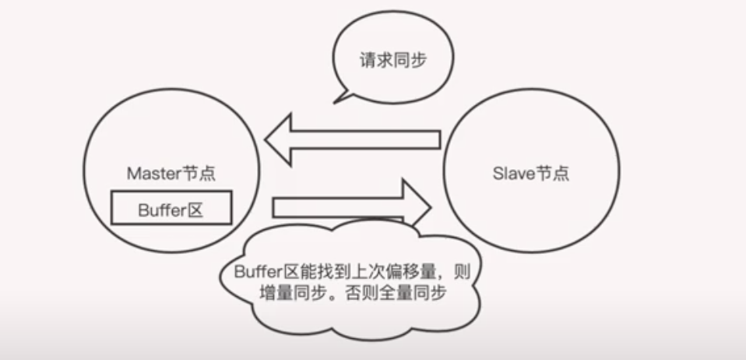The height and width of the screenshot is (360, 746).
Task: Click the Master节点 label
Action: pos(171,174)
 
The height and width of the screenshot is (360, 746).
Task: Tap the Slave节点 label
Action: pos(531,173)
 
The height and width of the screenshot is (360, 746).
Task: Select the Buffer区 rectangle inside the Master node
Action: pos(171,209)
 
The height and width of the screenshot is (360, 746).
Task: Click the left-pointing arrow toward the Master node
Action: pos(352,139)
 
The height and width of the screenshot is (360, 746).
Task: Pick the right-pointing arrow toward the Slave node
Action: pos(350,207)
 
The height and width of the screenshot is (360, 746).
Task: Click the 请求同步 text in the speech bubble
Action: pos(393,61)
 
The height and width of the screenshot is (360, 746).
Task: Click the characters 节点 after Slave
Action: pos(552,173)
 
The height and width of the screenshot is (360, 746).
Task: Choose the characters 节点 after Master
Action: pos(198,174)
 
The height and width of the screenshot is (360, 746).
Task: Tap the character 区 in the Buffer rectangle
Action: pos(195,210)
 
